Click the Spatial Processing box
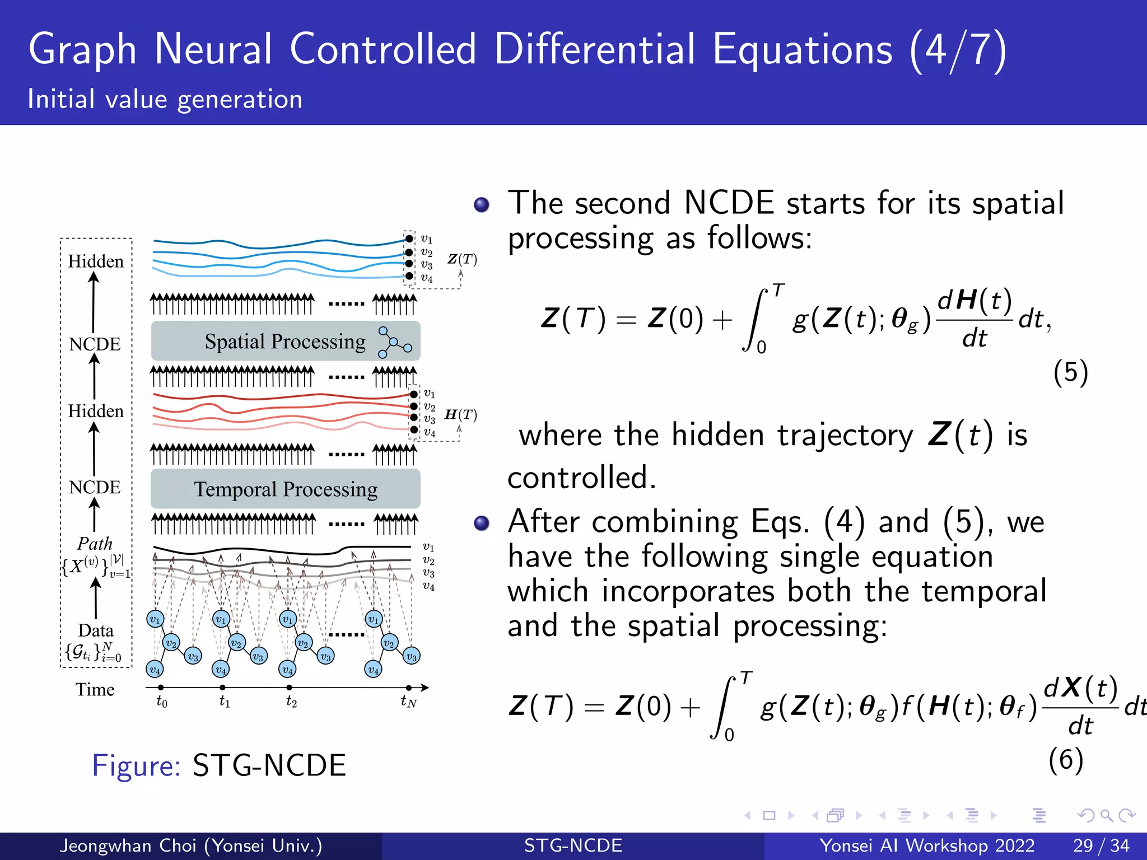285,341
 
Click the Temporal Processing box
285,489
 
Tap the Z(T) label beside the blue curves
462,259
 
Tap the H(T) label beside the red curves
460,414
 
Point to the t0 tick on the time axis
161,688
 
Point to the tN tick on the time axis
409,688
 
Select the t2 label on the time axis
291,701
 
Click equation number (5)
1070,372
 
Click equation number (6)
1066,760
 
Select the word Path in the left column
95,543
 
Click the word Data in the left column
96,630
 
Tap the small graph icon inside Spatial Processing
394,342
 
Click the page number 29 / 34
1101,845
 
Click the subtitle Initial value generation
165,99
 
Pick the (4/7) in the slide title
958,50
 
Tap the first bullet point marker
482,204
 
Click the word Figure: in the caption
136,765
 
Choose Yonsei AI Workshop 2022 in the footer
927,845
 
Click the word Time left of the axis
95,689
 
